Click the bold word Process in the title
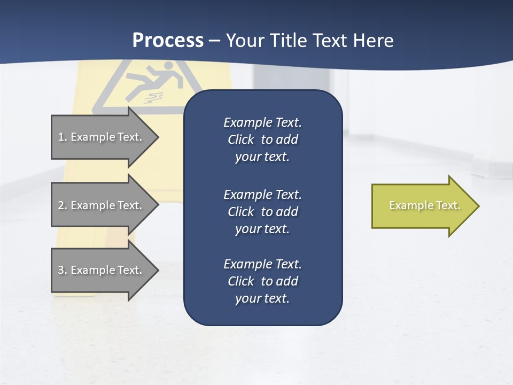pyautogui.click(x=168, y=41)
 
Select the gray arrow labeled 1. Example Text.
pyautogui.click(x=102, y=137)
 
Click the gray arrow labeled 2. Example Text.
pyautogui.click(x=102, y=205)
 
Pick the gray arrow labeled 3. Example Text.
pyautogui.click(x=102, y=270)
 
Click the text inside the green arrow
pyautogui.click(x=424, y=205)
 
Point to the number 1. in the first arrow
pyautogui.click(x=63, y=137)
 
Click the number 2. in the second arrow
pyautogui.click(x=63, y=205)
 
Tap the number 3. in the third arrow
pyautogui.click(x=63, y=270)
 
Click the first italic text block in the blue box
pyautogui.click(x=262, y=140)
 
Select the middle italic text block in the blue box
pyautogui.click(x=262, y=211)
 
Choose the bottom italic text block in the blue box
pyautogui.click(x=262, y=281)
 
